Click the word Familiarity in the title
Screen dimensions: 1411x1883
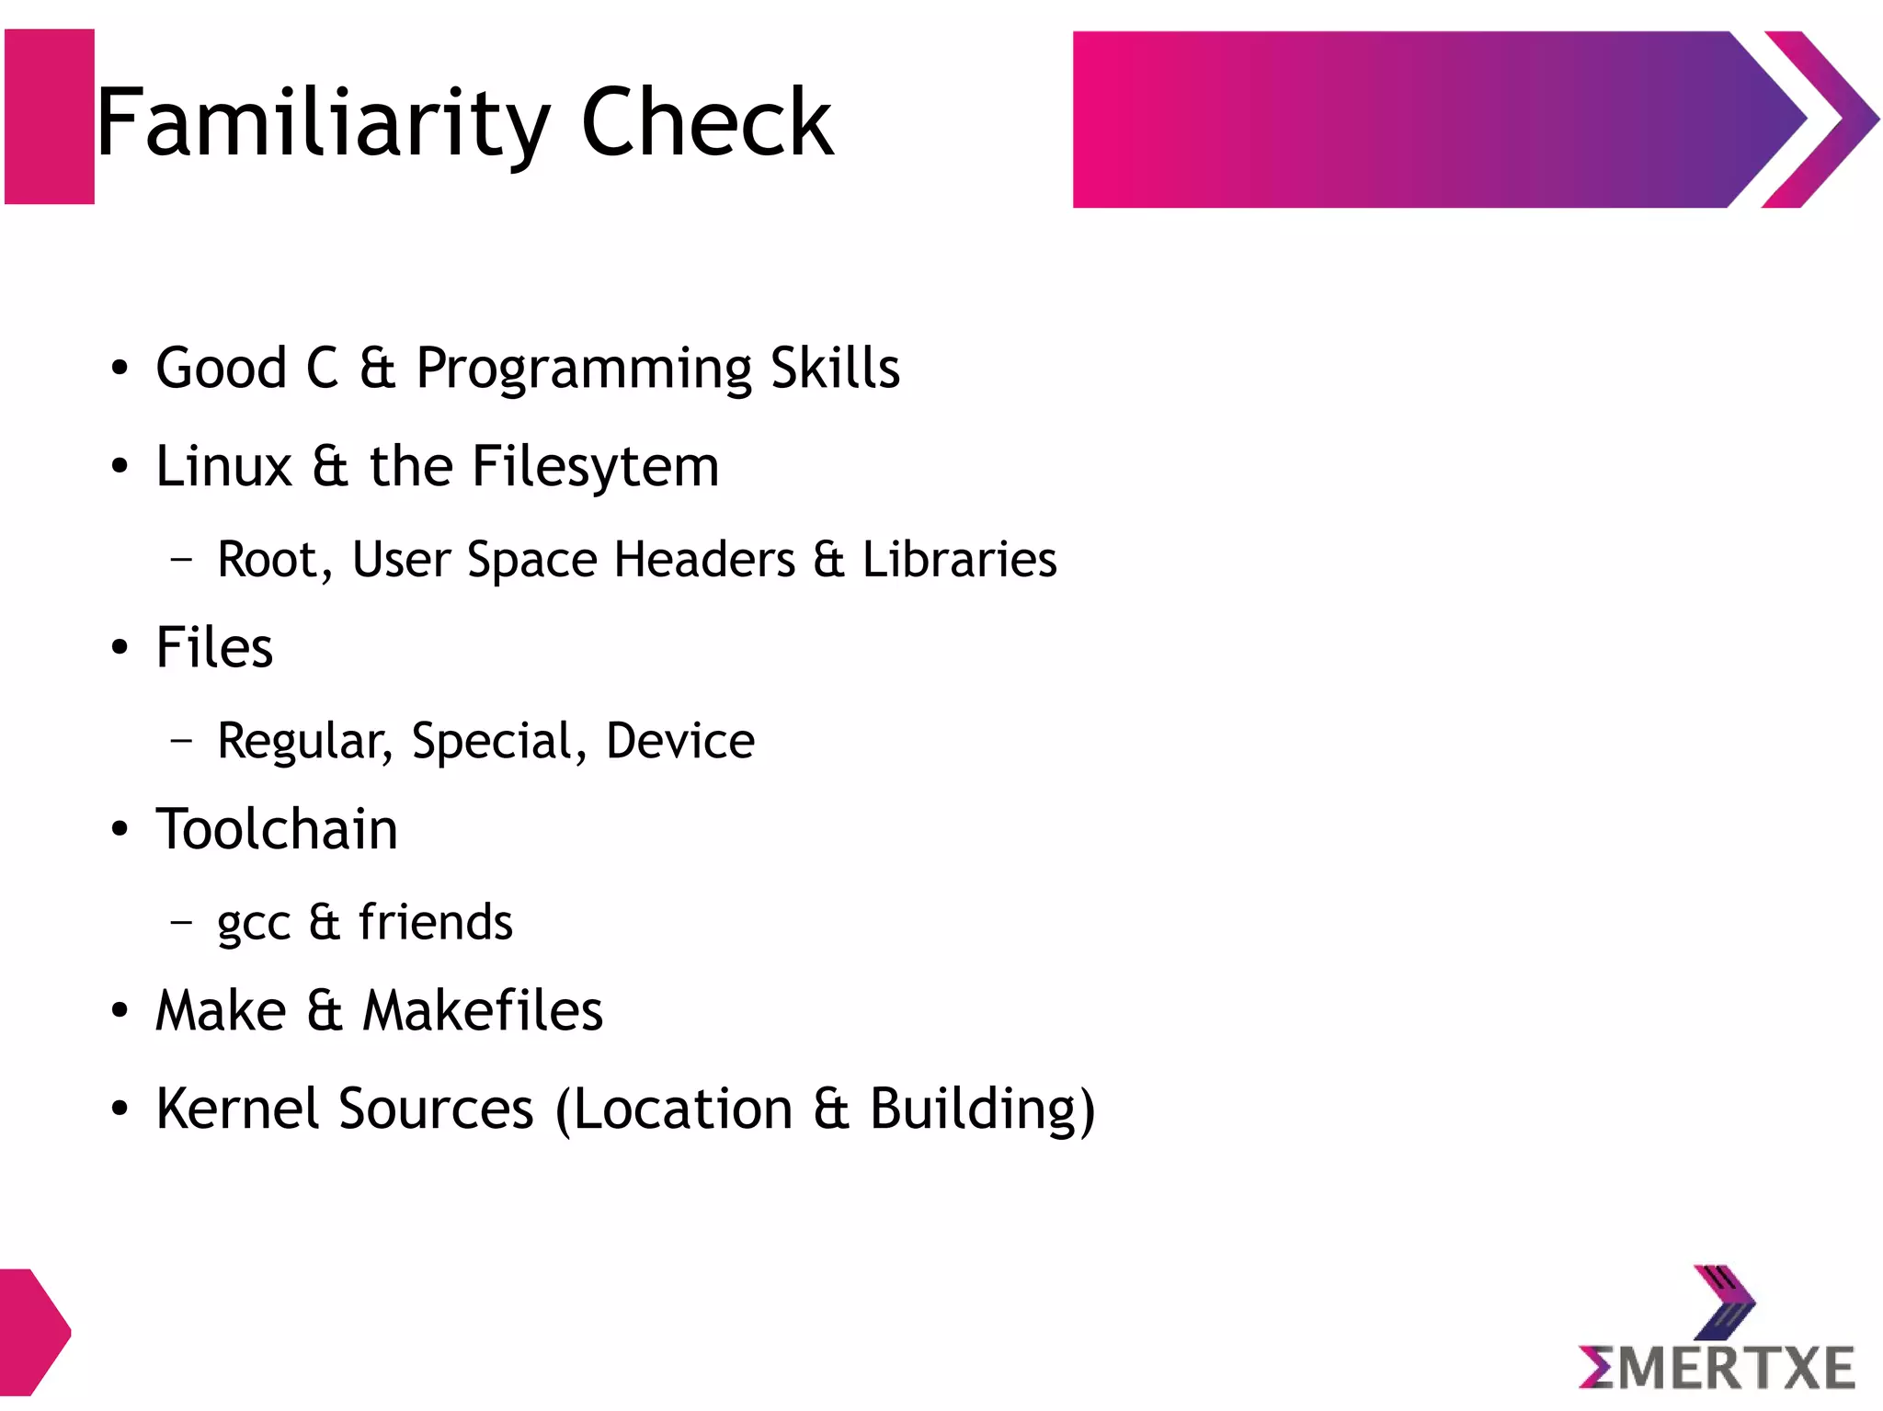pyautogui.click(x=322, y=123)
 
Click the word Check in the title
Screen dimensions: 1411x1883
pyautogui.click(x=706, y=123)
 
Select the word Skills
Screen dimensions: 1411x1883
pyautogui.click(x=835, y=368)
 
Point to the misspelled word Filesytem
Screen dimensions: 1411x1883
pyautogui.click(x=595, y=467)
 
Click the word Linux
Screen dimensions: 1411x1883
pyautogui.click(x=223, y=466)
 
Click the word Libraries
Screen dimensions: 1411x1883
pyautogui.click(x=959, y=559)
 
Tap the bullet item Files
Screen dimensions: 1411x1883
pyautogui.click(x=214, y=647)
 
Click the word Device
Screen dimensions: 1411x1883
pyautogui.click(x=680, y=741)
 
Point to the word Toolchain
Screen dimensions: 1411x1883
pyautogui.click(x=277, y=829)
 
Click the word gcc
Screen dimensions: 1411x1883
pyautogui.click(x=253, y=923)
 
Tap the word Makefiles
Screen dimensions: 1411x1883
pyautogui.click(x=483, y=1010)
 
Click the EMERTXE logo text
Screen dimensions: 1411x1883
pyautogui.click(x=1716, y=1368)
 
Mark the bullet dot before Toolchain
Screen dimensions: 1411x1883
pyautogui.click(x=120, y=829)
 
